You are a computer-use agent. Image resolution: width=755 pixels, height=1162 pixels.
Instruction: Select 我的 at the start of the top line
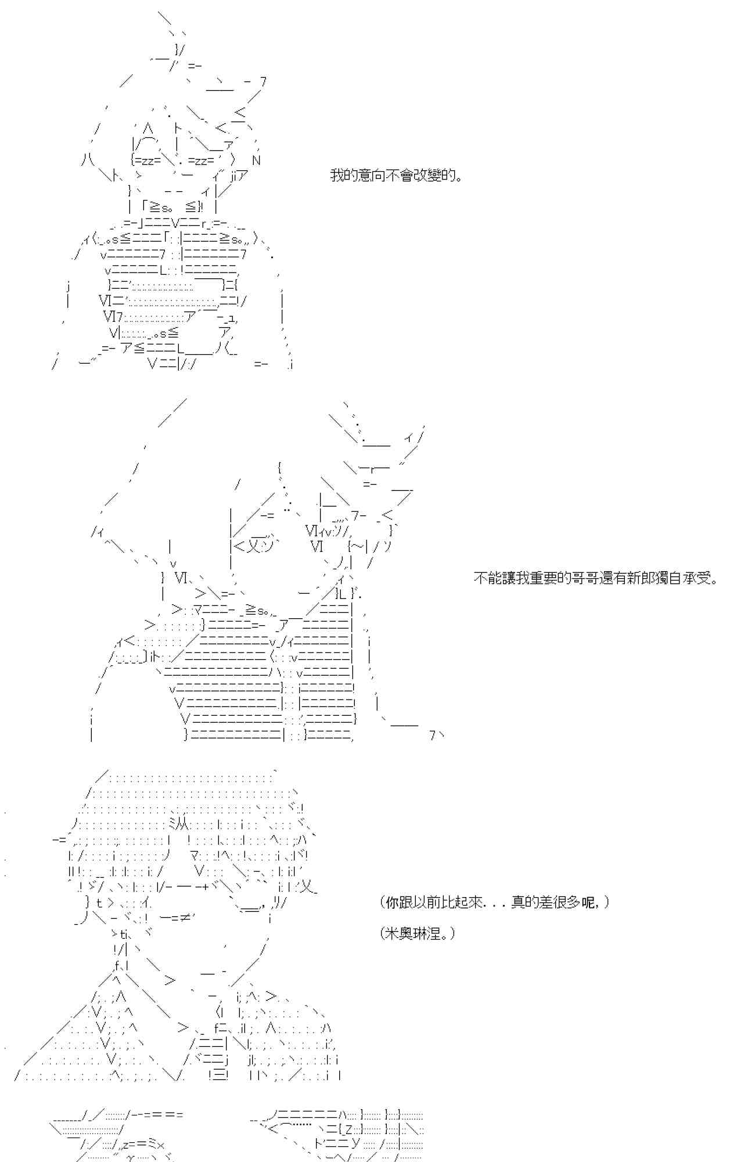343,175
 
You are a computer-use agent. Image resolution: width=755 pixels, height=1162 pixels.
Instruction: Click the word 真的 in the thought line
525,902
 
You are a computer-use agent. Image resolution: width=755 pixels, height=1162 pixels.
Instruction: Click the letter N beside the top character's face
256,160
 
